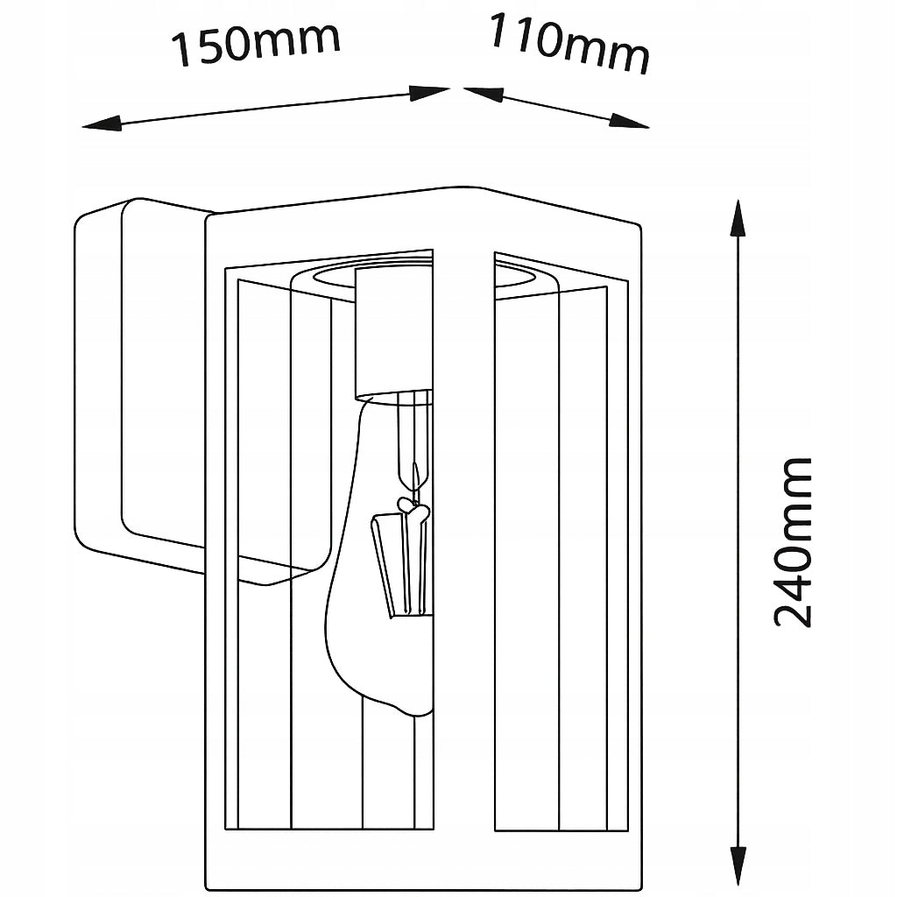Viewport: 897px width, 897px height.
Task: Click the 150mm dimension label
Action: coord(256,43)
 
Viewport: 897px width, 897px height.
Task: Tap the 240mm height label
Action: coord(792,541)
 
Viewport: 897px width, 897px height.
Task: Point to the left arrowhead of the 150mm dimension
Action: coord(102,124)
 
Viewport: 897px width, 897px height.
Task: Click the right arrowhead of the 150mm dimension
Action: coord(429,93)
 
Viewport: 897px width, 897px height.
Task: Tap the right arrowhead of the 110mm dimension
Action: coord(629,121)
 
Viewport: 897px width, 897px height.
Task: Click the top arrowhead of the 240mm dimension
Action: coord(738,218)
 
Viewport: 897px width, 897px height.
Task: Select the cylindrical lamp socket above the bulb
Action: coord(393,335)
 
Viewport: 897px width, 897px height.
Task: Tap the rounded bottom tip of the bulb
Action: coord(413,711)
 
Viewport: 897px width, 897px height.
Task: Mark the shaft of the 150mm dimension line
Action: coord(266,108)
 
